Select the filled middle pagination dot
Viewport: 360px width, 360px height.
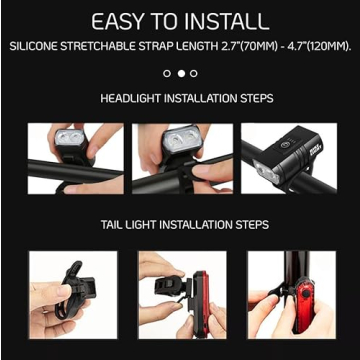click(x=180, y=73)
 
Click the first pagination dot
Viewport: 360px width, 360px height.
click(x=166, y=73)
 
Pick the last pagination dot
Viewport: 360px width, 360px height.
click(x=194, y=73)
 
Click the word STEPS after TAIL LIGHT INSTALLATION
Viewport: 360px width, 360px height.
click(x=250, y=225)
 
